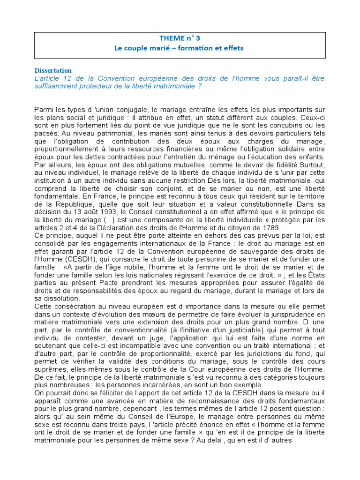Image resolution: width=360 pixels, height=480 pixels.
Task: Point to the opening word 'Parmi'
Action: tap(44, 109)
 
